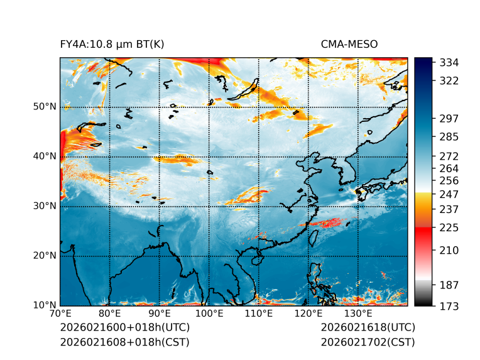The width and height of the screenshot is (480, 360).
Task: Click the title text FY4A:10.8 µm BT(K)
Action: (112, 44)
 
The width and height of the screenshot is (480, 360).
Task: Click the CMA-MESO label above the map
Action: (349, 44)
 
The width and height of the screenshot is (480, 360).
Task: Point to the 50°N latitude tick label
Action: (45, 107)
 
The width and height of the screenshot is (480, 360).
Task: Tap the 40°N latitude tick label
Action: (45, 156)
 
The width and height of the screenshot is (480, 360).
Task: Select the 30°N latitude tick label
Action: (45, 206)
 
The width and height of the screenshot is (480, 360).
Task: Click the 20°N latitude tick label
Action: (45, 256)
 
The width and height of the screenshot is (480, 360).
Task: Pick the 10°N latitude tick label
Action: (45, 305)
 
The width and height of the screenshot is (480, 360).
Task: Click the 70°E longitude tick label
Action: (60, 314)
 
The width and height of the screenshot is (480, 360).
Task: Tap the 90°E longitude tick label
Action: (160, 314)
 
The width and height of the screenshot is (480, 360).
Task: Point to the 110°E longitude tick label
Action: (258, 314)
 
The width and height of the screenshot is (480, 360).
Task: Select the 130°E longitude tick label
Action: (357, 314)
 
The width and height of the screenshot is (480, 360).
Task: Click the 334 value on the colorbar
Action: (449, 63)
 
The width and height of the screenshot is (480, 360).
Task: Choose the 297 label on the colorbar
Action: (449, 118)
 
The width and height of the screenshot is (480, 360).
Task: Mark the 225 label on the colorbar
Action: (449, 227)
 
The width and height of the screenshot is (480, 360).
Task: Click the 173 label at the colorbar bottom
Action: (449, 306)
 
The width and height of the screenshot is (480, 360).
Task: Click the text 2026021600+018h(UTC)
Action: (124, 328)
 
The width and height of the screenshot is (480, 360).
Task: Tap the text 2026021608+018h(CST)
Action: (124, 342)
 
